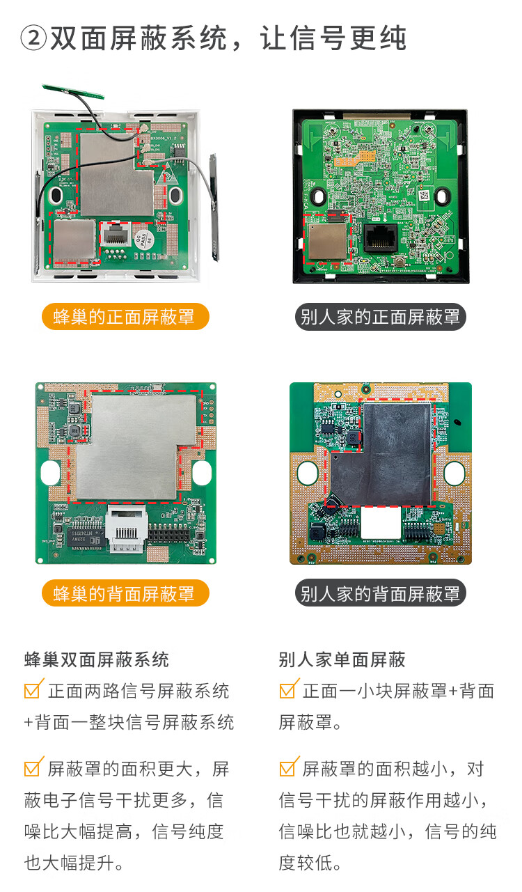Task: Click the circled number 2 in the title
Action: (33, 38)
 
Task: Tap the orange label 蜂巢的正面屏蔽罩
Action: (125, 317)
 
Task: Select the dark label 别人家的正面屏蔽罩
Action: (380, 317)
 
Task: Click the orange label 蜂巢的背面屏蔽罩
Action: (125, 593)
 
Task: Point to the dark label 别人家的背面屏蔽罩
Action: (380, 593)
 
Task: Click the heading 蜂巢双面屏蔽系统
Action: (97, 660)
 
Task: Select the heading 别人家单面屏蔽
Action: (342, 660)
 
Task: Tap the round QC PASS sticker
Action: (143, 239)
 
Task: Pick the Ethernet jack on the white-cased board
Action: (116, 234)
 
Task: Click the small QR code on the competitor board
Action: (424, 196)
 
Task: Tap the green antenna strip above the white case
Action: (73, 91)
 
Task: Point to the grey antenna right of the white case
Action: (214, 207)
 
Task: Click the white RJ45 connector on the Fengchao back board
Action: (127, 529)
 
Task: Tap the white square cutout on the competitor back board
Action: (381, 522)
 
